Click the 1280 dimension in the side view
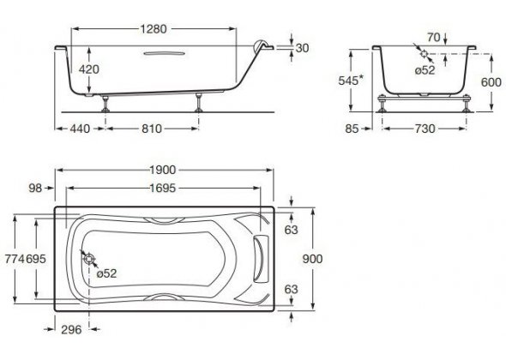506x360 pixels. (x=154, y=29)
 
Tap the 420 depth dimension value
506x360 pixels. (x=89, y=69)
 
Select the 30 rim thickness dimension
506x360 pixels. (x=302, y=48)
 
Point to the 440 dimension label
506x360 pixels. (x=80, y=129)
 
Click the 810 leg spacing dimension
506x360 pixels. (x=152, y=129)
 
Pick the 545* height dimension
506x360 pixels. (x=351, y=81)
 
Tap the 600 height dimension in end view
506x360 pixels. (x=491, y=82)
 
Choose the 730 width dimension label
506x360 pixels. (x=425, y=129)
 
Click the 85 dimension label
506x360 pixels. (x=352, y=129)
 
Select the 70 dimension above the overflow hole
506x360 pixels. (x=434, y=38)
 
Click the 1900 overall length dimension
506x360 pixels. (x=163, y=170)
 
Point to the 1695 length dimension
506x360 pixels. (x=163, y=188)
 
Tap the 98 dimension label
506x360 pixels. (x=35, y=188)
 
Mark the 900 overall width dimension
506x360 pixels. (x=312, y=259)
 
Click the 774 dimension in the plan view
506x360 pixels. (x=15, y=259)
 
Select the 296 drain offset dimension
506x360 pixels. (x=71, y=330)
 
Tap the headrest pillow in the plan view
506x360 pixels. (x=262, y=259)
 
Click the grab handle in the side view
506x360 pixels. (x=165, y=53)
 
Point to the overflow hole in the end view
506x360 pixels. (x=424, y=54)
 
